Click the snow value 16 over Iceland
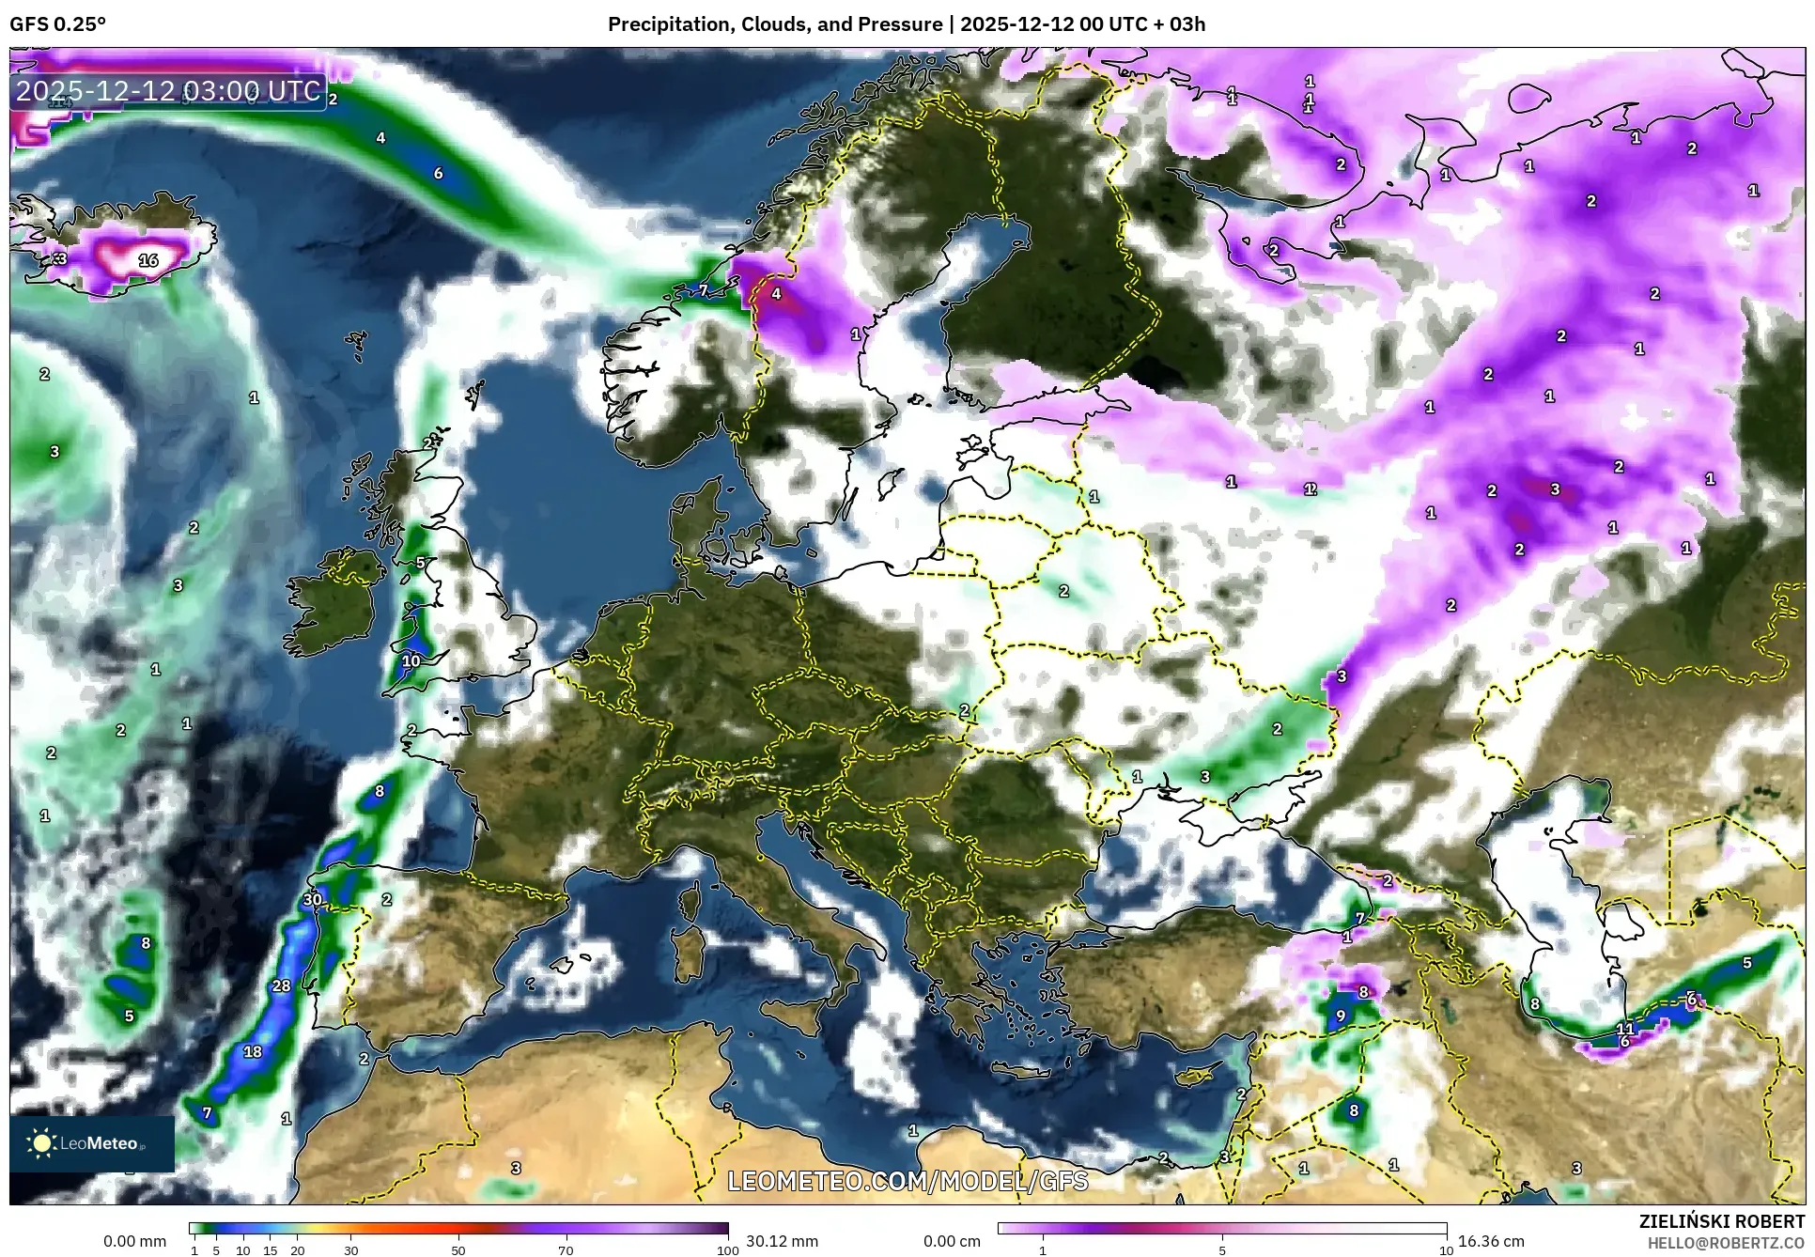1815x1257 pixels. [148, 260]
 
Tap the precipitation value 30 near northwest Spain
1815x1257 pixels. [312, 899]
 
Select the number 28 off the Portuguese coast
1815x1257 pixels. [282, 985]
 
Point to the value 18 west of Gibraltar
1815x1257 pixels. [253, 1051]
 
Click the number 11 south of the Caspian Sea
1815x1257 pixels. [1625, 1029]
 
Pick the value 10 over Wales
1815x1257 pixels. [411, 660]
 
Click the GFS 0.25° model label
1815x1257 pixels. [58, 24]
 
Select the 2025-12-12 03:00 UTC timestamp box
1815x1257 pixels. [169, 91]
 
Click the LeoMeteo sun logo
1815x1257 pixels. [41, 1143]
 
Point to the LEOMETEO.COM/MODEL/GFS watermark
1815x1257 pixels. [907, 1181]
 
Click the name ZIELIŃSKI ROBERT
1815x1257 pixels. [1722, 1221]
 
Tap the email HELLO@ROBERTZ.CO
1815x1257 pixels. [1726, 1243]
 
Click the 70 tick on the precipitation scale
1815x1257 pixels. [566, 1250]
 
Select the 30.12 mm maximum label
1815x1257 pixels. [782, 1241]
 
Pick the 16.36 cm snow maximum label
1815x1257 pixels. [1491, 1241]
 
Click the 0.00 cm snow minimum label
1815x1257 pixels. [952, 1241]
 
